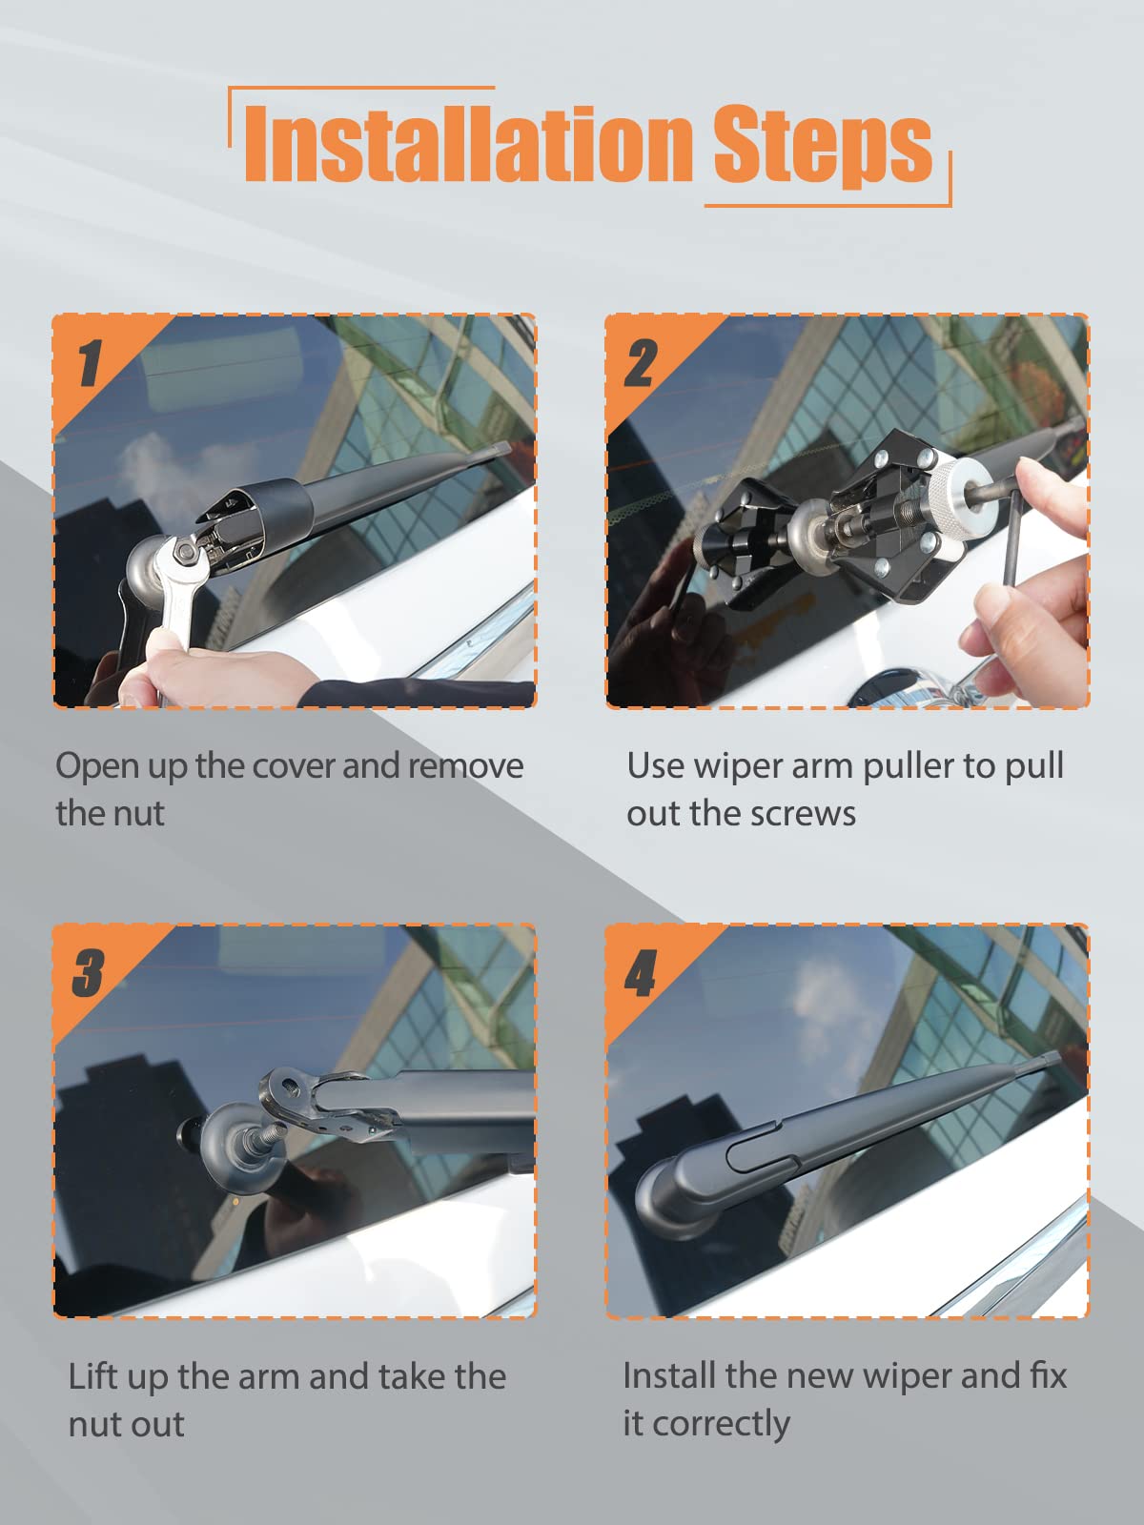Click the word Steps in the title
point(824,145)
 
